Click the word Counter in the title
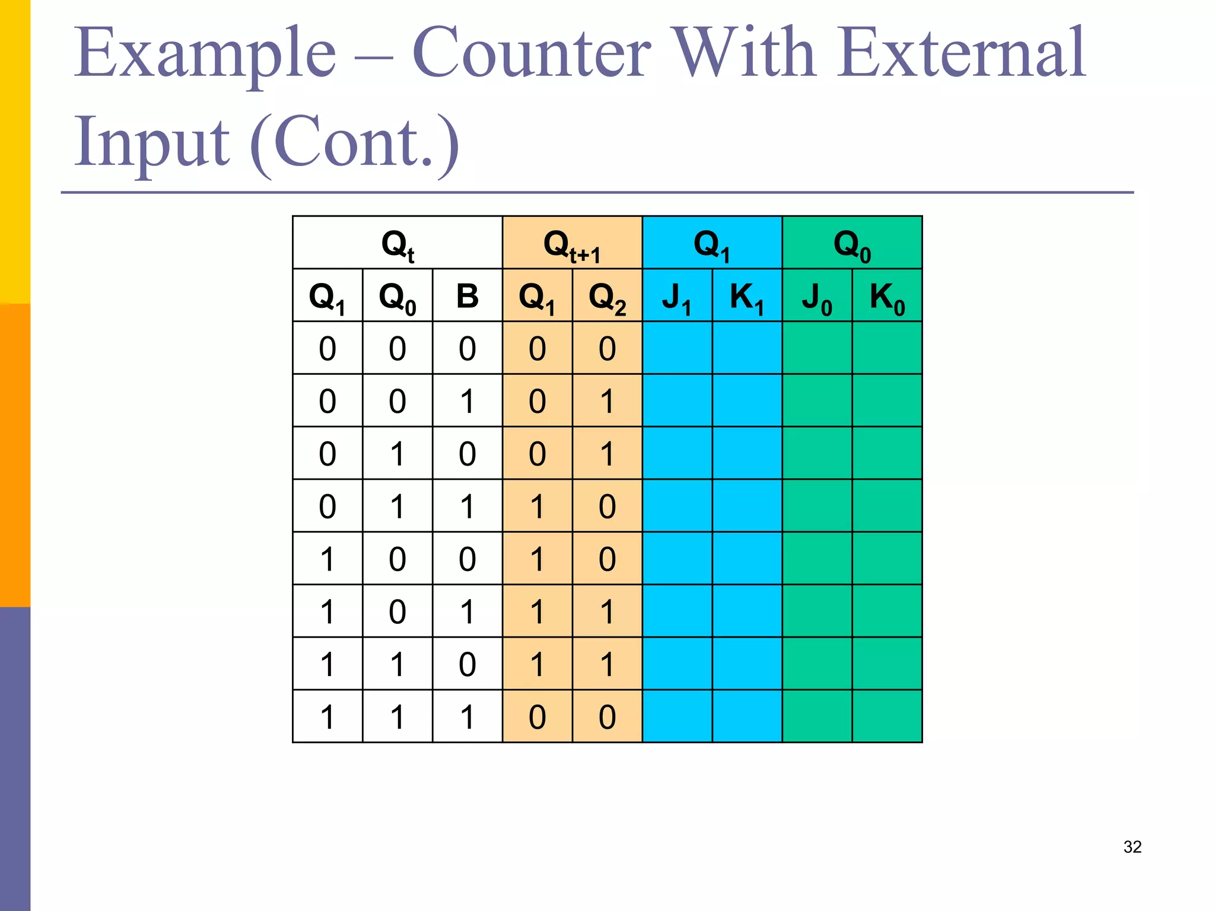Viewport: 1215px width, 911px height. (x=532, y=53)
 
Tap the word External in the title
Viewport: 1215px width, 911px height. (x=961, y=53)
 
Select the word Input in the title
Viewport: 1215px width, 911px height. (x=151, y=142)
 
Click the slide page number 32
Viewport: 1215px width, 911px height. (x=1132, y=846)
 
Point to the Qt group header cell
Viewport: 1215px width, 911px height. (x=397, y=243)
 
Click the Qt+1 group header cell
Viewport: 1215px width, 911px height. (x=572, y=243)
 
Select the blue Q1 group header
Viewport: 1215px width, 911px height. (x=712, y=243)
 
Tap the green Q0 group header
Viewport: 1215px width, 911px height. (x=852, y=243)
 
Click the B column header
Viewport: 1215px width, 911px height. (x=467, y=296)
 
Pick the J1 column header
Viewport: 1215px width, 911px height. (x=677, y=296)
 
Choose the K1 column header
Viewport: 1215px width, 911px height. (x=747, y=296)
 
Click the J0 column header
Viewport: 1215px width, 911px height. (x=817, y=296)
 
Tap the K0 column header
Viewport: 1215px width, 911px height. (x=887, y=296)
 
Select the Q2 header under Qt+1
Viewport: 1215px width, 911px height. (x=607, y=296)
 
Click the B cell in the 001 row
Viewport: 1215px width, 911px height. (x=467, y=401)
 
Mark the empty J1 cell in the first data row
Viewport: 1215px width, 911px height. (x=677, y=348)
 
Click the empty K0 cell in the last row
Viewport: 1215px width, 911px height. (x=887, y=716)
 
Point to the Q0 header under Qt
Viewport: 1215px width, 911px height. (x=397, y=296)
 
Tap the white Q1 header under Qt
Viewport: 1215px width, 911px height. (x=327, y=296)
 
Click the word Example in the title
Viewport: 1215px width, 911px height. (x=205, y=53)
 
